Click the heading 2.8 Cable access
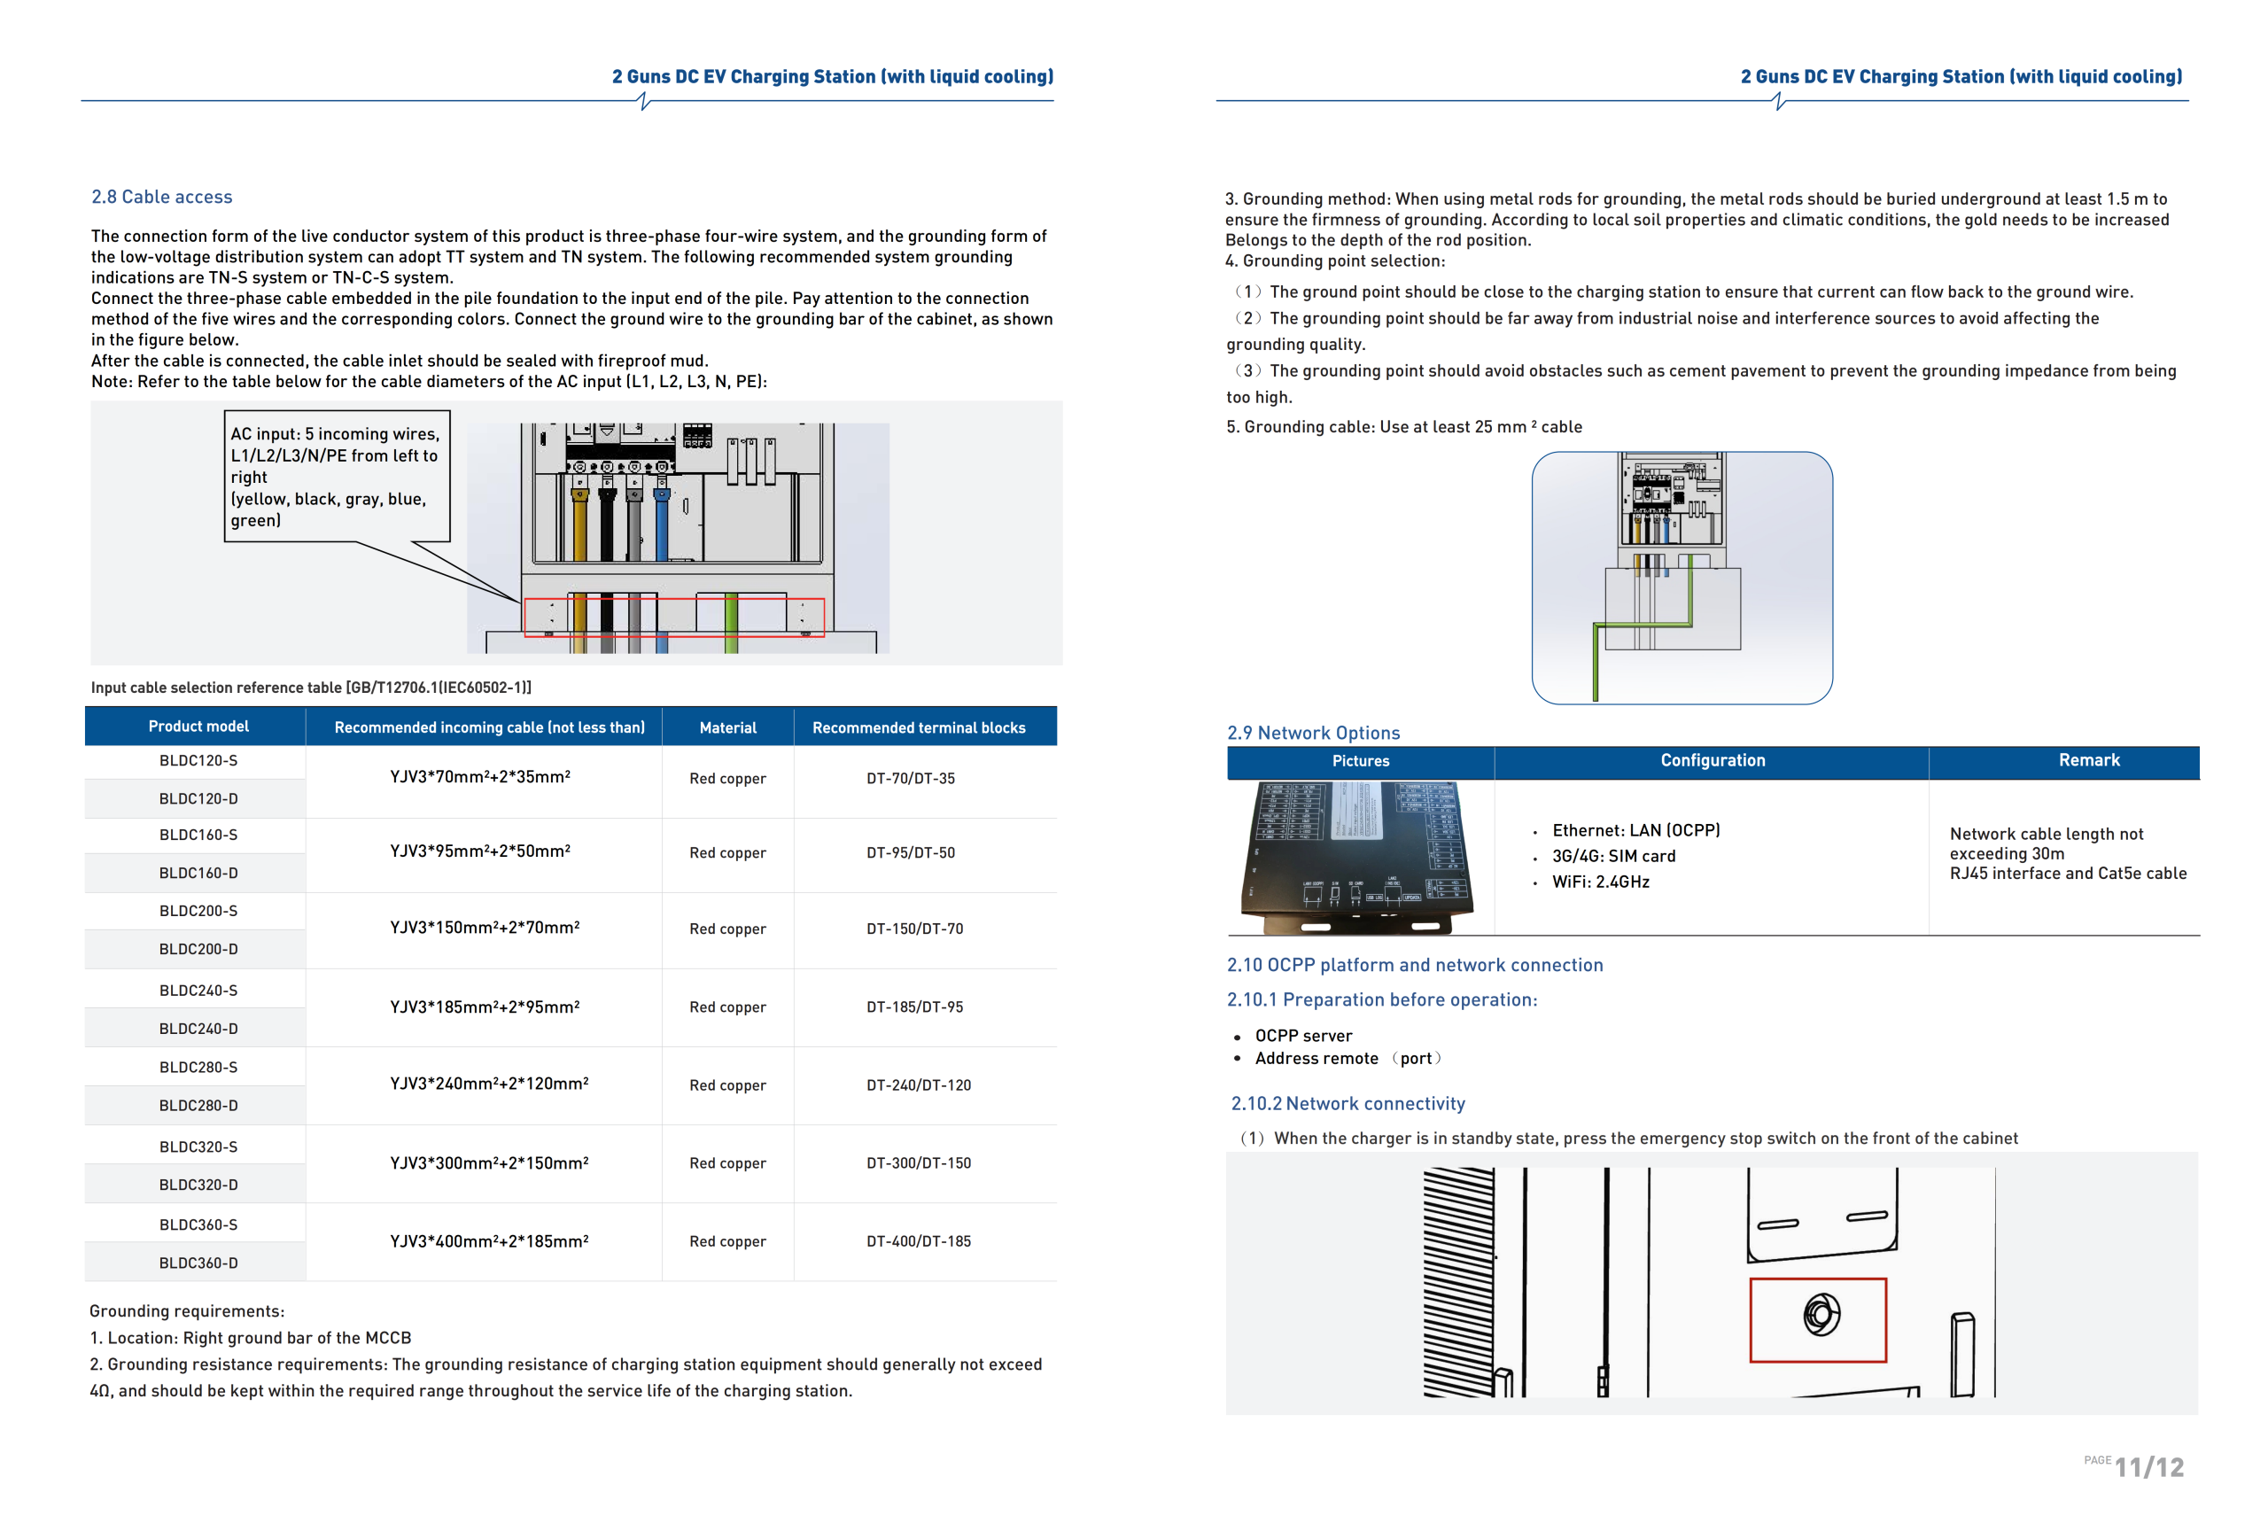[162, 197]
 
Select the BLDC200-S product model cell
[198, 911]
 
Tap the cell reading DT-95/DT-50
[911, 852]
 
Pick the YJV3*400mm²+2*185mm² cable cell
[489, 1240]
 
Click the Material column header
[728, 727]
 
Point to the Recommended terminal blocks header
[919, 727]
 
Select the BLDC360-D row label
[198, 1263]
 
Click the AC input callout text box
[337, 477]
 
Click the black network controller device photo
[1357, 858]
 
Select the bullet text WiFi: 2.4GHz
[1601, 882]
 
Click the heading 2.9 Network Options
[1313, 732]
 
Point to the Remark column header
[2088, 759]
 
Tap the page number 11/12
[2149, 1466]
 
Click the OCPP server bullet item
[1303, 1036]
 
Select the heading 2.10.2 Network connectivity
[1348, 1103]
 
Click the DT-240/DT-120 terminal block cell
[919, 1084]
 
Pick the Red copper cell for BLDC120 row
[727, 778]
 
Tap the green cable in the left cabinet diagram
[731, 622]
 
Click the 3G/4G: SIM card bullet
[1613, 856]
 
